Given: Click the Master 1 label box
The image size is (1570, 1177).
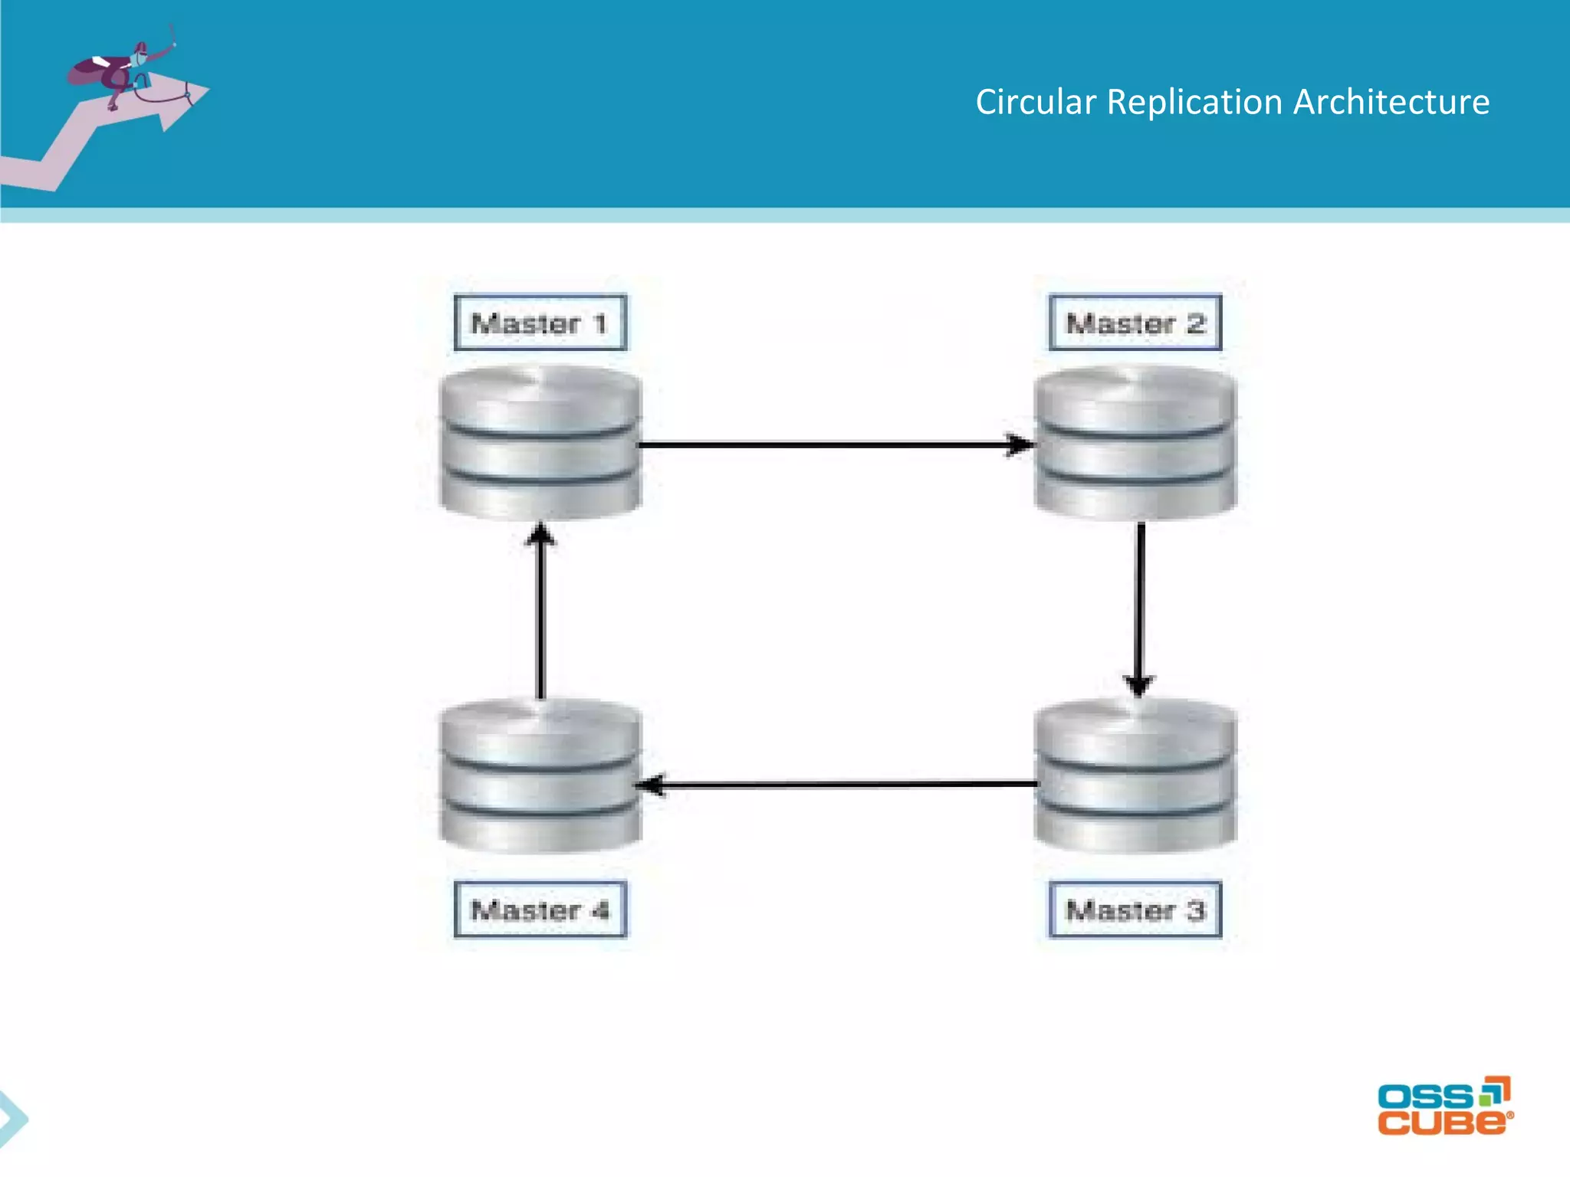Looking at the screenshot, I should (x=540, y=323).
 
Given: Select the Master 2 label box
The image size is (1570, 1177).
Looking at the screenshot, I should (x=1135, y=323).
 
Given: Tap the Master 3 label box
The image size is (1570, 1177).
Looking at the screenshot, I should (x=1135, y=910).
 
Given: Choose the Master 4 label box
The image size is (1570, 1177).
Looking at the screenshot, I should (x=540, y=910).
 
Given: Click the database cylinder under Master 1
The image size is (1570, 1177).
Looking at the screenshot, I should (x=540, y=442).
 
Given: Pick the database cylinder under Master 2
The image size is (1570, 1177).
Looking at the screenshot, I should (x=1135, y=442).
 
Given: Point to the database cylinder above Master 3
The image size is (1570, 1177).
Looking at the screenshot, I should (x=1135, y=775).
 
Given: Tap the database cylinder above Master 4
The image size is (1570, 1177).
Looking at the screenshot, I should (x=540, y=775).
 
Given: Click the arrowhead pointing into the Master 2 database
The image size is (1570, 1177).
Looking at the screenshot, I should (x=1020, y=444).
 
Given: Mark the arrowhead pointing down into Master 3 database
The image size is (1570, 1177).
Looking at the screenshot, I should (x=1139, y=684).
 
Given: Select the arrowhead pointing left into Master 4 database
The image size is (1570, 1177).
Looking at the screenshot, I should (x=652, y=785).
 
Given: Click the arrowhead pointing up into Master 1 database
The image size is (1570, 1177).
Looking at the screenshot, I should (x=541, y=535).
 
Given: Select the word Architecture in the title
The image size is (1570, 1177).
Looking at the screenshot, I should (x=1391, y=102).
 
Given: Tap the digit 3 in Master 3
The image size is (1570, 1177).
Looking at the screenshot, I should (x=1196, y=910).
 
